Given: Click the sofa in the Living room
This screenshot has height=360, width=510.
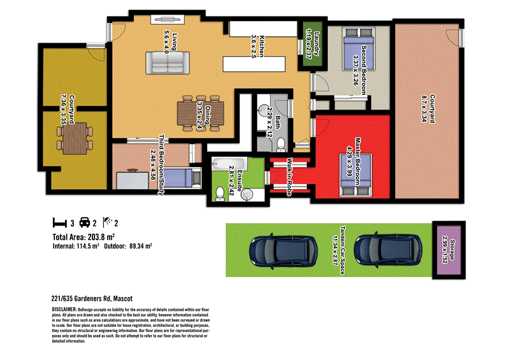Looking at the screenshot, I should pyautogui.click(x=167, y=62).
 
